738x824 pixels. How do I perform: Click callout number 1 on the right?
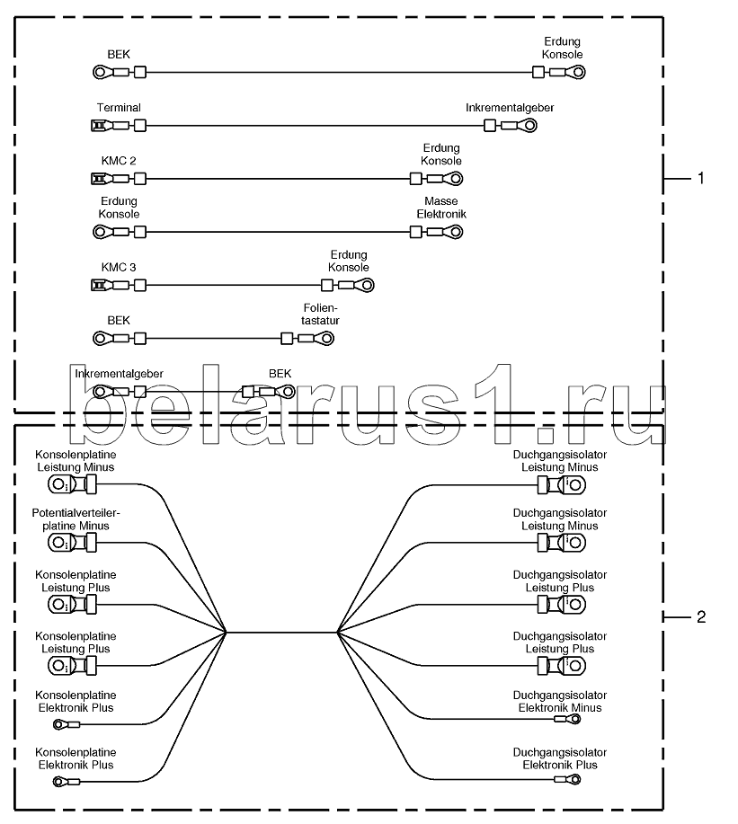point(700,179)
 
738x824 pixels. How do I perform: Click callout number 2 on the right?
point(700,616)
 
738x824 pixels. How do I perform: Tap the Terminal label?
point(119,108)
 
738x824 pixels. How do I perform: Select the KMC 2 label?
point(119,161)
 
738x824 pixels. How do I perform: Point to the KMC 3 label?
point(119,268)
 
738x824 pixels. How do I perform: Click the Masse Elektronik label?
point(441,208)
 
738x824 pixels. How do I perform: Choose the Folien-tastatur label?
point(320,315)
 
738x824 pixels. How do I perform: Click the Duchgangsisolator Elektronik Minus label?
point(560,702)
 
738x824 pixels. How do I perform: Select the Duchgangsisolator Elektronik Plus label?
point(560,758)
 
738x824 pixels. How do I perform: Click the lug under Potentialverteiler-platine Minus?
point(73,543)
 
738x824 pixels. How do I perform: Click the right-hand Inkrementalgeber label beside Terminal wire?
point(510,108)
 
